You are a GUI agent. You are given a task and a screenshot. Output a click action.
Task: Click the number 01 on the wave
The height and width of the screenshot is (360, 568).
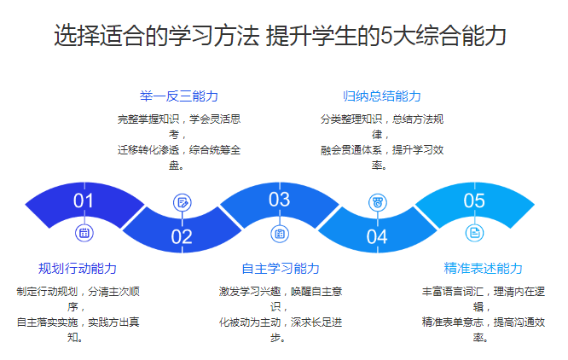(84, 200)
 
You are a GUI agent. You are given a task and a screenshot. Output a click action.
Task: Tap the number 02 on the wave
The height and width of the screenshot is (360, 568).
(182, 237)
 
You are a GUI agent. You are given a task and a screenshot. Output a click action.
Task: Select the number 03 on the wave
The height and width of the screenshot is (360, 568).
(279, 200)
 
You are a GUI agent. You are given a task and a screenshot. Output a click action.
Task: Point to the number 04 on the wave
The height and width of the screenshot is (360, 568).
(377, 237)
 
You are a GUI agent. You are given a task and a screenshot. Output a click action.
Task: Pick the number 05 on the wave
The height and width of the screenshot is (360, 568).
(474, 200)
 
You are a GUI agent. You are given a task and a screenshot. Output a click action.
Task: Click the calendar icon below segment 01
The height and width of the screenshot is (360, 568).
(84, 233)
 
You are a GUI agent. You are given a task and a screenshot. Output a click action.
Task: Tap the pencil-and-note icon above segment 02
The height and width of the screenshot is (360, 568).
(183, 203)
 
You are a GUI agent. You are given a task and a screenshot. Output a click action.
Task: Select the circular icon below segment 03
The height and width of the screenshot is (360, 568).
(280, 234)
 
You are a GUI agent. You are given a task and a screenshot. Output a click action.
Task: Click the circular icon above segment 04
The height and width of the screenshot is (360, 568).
(378, 202)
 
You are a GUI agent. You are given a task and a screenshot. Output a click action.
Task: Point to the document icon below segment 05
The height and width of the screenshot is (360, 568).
(474, 233)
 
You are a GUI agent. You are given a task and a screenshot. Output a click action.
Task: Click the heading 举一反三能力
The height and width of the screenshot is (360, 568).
(179, 96)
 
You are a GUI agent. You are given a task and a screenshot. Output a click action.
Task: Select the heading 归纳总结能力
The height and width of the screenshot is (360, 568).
(382, 96)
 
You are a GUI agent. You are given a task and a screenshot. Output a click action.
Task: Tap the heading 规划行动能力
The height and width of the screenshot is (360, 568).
(78, 269)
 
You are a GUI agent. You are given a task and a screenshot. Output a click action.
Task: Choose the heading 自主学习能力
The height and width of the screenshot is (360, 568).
(281, 269)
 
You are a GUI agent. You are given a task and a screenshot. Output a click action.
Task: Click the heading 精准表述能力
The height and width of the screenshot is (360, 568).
(484, 269)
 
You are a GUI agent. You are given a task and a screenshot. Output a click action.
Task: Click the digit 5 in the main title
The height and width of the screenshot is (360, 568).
(386, 36)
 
